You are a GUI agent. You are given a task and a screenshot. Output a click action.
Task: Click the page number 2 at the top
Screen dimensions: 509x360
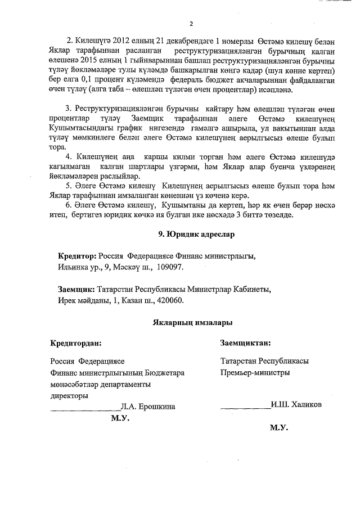[x=191, y=24]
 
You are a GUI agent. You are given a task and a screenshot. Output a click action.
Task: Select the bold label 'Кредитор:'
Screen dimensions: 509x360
[x=78, y=256]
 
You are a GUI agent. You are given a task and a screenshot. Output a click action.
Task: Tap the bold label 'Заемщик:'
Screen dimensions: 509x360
[x=76, y=290]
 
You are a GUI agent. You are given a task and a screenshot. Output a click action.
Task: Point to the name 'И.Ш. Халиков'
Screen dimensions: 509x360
[x=296, y=404]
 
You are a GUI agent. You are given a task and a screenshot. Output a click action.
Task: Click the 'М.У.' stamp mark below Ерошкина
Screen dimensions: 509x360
[x=120, y=418]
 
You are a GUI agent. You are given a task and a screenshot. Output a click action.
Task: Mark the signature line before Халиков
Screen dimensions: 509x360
[x=245, y=407]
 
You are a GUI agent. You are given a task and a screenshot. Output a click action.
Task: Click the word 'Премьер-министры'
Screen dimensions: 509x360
[x=256, y=372]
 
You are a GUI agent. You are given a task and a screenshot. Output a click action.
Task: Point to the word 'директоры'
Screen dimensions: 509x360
[x=69, y=395]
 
